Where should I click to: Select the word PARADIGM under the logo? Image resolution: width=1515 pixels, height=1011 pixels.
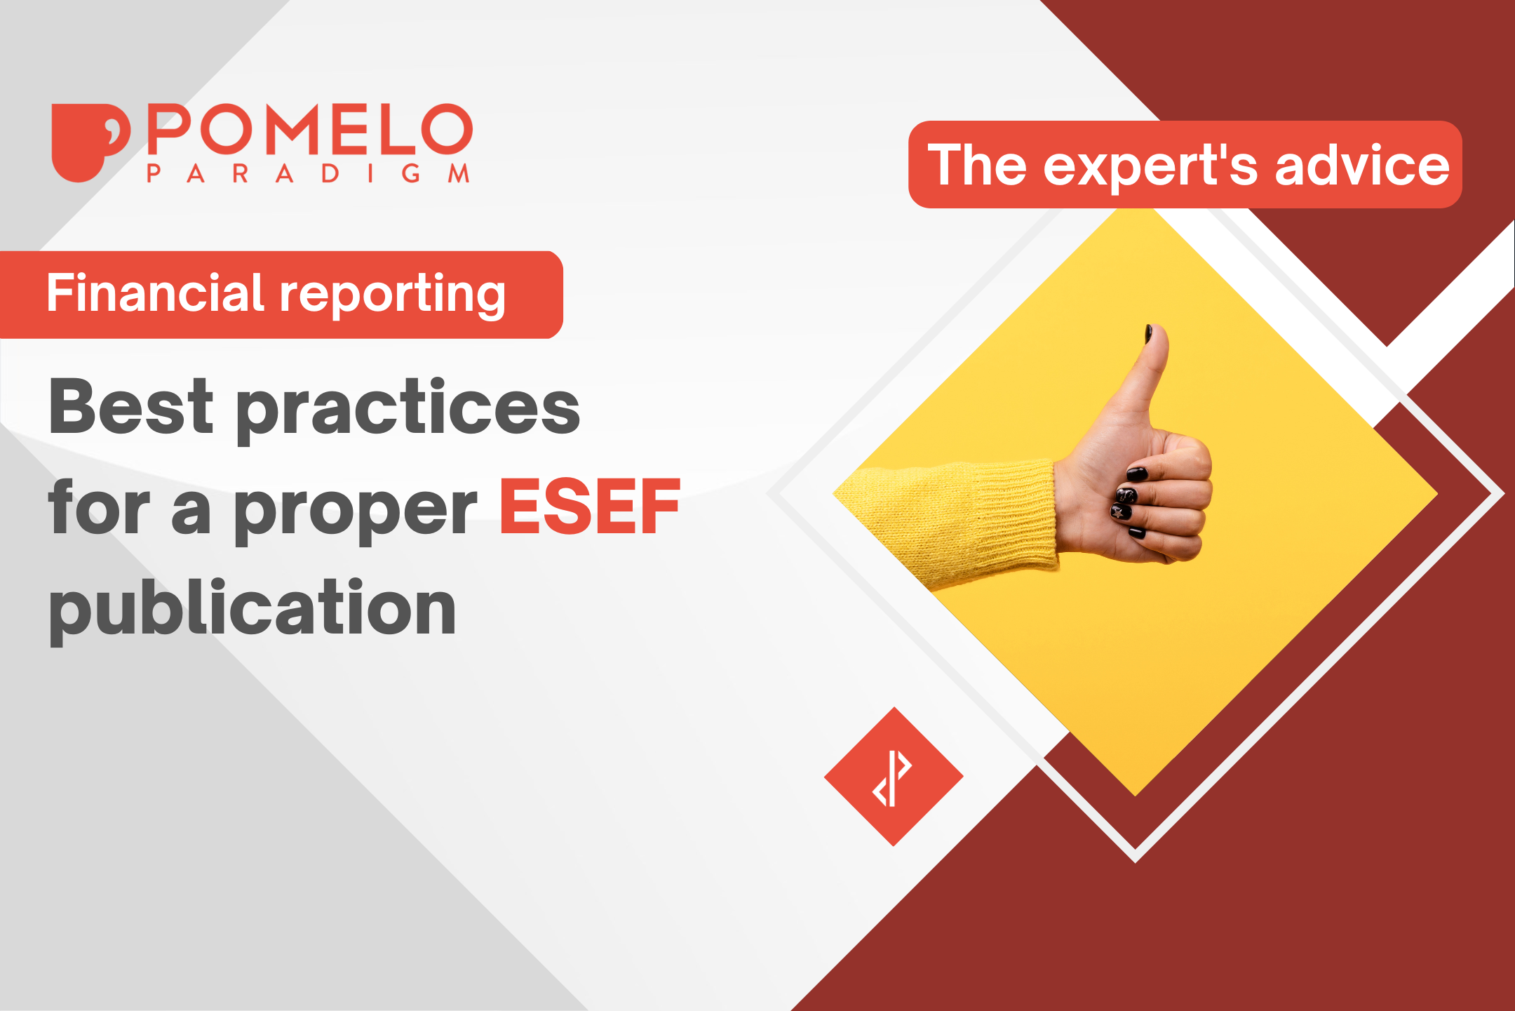309,173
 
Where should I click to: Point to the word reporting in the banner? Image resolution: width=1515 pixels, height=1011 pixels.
393,295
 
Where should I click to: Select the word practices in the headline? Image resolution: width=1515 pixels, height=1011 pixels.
408,410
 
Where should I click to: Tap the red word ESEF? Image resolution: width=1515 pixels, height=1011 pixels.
589,507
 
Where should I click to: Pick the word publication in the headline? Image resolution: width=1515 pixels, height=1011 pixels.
252,608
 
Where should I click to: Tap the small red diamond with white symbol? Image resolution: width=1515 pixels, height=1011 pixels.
894,776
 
